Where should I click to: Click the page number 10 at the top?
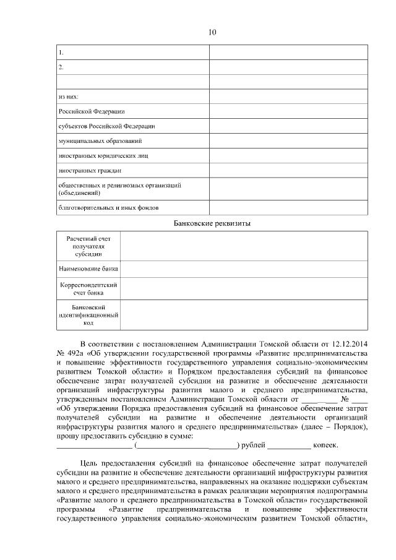coord(212,32)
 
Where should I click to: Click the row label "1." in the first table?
coord(61,52)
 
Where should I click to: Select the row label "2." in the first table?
coord(61,66)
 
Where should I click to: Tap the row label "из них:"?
coord(69,97)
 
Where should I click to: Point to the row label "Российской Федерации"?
coord(92,111)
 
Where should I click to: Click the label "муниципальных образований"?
coord(96,141)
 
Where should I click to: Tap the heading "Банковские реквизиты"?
coord(212,223)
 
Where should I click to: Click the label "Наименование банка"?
coord(88,269)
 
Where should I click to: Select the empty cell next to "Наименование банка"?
coord(244,269)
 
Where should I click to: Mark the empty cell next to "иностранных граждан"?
coord(288,171)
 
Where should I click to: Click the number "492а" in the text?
coord(74,353)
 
